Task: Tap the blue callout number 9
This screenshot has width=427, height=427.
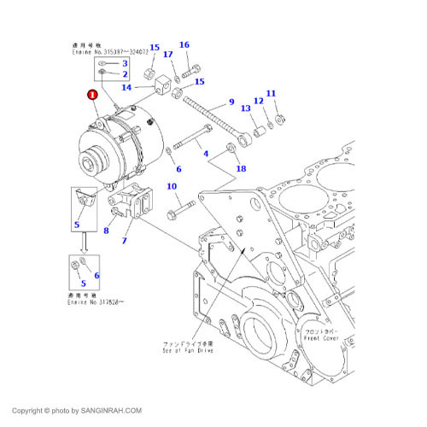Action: point(231,102)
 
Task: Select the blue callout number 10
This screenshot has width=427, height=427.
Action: point(171,187)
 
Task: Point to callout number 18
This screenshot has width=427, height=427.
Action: point(241,168)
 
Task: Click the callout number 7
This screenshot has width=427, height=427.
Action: point(124,242)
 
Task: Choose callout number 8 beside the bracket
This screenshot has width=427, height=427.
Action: point(106,230)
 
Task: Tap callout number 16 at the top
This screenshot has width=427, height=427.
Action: point(184,44)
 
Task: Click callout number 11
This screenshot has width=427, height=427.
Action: point(271,93)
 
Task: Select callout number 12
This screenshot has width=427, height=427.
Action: point(257,101)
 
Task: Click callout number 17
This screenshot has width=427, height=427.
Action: point(167,56)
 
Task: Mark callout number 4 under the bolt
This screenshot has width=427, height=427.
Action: point(204,154)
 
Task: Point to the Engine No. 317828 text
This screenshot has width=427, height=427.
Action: point(97,301)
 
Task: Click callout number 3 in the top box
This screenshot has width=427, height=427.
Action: point(124,63)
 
